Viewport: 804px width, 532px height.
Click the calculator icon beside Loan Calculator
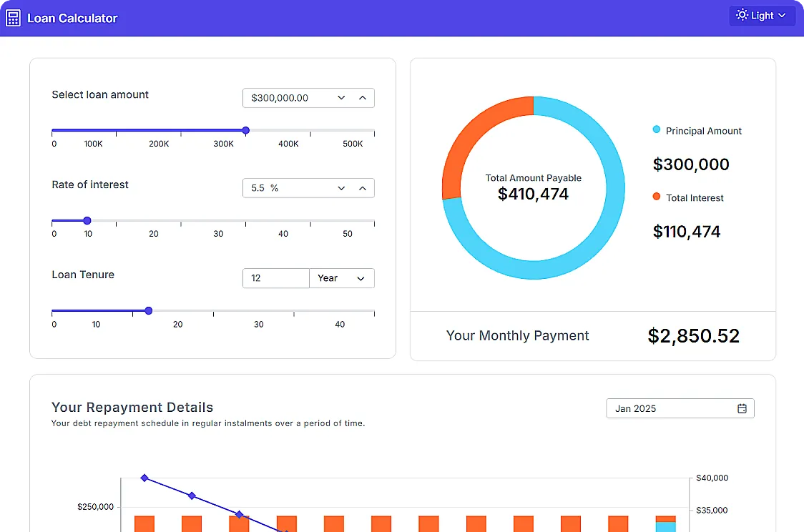click(x=13, y=18)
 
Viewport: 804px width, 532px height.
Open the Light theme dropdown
click(x=762, y=16)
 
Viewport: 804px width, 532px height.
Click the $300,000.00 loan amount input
click(x=286, y=98)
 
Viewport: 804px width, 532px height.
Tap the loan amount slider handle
click(x=245, y=131)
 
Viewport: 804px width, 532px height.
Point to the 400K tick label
click(x=288, y=144)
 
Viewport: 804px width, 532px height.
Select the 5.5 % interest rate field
click(x=286, y=188)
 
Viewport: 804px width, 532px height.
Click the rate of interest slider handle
click(x=87, y=221)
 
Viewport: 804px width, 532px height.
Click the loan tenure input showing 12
click(x=275, y=278)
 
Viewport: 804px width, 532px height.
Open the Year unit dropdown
click(x=341, y=278)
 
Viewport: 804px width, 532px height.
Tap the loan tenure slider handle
click(x=149, y=311)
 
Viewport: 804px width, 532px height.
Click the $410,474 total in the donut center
click(x=534, y=194)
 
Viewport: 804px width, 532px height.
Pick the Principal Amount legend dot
click(x=657, y=130)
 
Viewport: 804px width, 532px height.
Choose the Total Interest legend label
click(x=695, y=198)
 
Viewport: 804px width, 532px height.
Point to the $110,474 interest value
click(x=687, y=232)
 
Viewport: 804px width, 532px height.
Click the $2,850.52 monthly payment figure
click(x=693, y=336)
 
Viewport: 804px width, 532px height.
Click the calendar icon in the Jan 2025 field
click(x=742, y=409)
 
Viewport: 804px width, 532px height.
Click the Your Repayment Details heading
click(x=132, y=408)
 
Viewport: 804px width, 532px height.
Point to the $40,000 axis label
click(x=712, y=478)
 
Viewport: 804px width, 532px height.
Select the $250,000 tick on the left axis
click(x=95, y=507)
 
